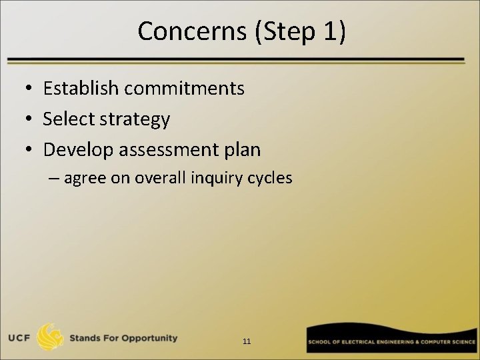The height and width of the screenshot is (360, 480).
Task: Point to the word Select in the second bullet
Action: click(x=69, y=119)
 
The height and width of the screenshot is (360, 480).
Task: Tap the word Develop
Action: click(x=78, y=150)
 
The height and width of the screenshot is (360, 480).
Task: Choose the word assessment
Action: click(x=171, y=150)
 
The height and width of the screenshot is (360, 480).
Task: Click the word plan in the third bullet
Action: click(x=244, y=151)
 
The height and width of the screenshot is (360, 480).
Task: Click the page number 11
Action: click(x=247, y=341)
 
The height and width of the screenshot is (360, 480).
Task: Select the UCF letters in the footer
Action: click(x=19, y=338)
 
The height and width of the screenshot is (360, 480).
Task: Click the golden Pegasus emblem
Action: click(x=51, y=337)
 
